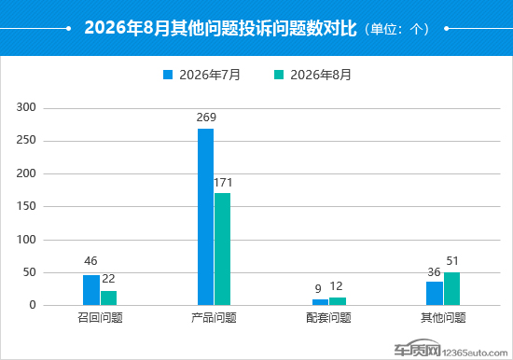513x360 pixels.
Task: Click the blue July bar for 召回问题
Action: pyautogui.click(x=91, y=290)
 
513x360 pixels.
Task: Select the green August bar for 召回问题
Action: pyautogui.click(x=108, y=298)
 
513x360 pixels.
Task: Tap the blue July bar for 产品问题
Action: pyautogui.click(x=205, y=216)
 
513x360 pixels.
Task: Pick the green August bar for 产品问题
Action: pyautogui.click(x=223, y=249)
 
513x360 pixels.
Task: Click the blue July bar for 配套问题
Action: pyautogui.click(x=320, y=302)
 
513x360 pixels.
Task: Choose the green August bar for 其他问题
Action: pyautogui.click(x=451, y=289)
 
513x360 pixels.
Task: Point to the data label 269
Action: pyautogui.click(x=206, y=118)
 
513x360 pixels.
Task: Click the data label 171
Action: pyautogui.click(x=223, y=182)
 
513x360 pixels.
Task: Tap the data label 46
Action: pyautogui.click(x=90, y=261)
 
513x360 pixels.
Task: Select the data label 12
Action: pyautogui.click(x=336, y=286)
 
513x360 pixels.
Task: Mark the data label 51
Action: pyautogui.click(x=452, y=261)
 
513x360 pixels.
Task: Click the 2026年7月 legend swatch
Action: pyautogui.click(x=168, y=75)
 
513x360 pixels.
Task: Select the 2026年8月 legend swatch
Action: pyautogui.click(x=279, y=75)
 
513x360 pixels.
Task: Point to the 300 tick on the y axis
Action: pyautogui.click(x=26, y=107)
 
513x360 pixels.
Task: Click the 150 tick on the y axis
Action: pyautogui.click(x=26, y=206)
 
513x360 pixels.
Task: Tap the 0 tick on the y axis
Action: pyautogui.click(x=33, y=305)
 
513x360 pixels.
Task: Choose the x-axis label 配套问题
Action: pyautogui.click(x=328, y=317)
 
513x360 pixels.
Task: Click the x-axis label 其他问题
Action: pyautogui.click(x=443, y=317)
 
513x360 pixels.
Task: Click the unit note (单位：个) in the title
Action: pyautogui.click(x=396, y=29)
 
